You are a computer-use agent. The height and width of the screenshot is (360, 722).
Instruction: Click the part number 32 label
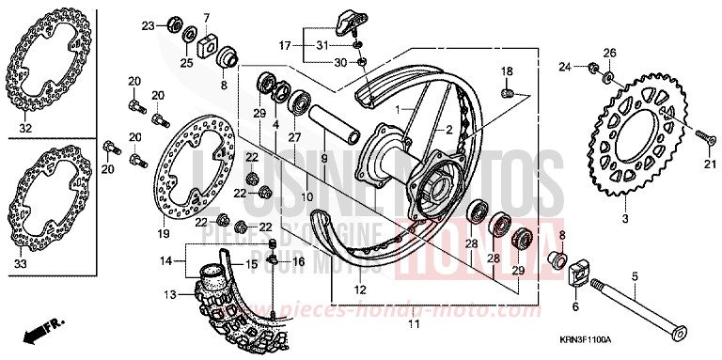pos(24,128)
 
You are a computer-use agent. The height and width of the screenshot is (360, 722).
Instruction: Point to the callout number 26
pos(608,52)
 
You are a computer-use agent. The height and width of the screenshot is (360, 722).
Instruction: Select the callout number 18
pos(506,71)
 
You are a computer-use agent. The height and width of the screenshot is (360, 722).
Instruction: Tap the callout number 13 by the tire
pos(170,294)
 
